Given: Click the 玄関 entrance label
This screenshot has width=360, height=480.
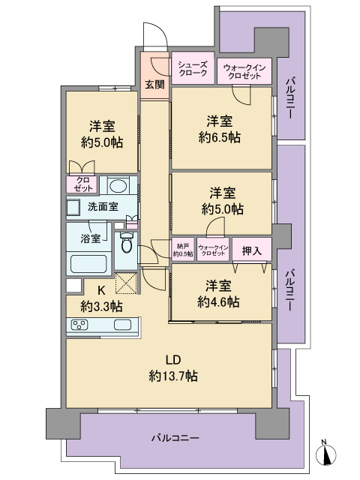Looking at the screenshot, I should [154, 84].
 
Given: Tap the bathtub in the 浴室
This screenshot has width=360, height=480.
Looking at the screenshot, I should [89, 265].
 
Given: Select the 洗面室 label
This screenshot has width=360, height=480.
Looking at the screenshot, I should [102, 206].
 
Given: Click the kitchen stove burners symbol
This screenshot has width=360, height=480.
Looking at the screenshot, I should [79, 325].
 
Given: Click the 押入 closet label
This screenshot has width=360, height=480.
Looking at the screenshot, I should [252, 251].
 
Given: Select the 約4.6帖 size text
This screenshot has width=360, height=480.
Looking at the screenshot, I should [220, 301].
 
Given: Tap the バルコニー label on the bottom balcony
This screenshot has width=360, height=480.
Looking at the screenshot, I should [175, 436].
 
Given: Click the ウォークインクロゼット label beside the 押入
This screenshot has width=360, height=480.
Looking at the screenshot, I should [212, 250].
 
